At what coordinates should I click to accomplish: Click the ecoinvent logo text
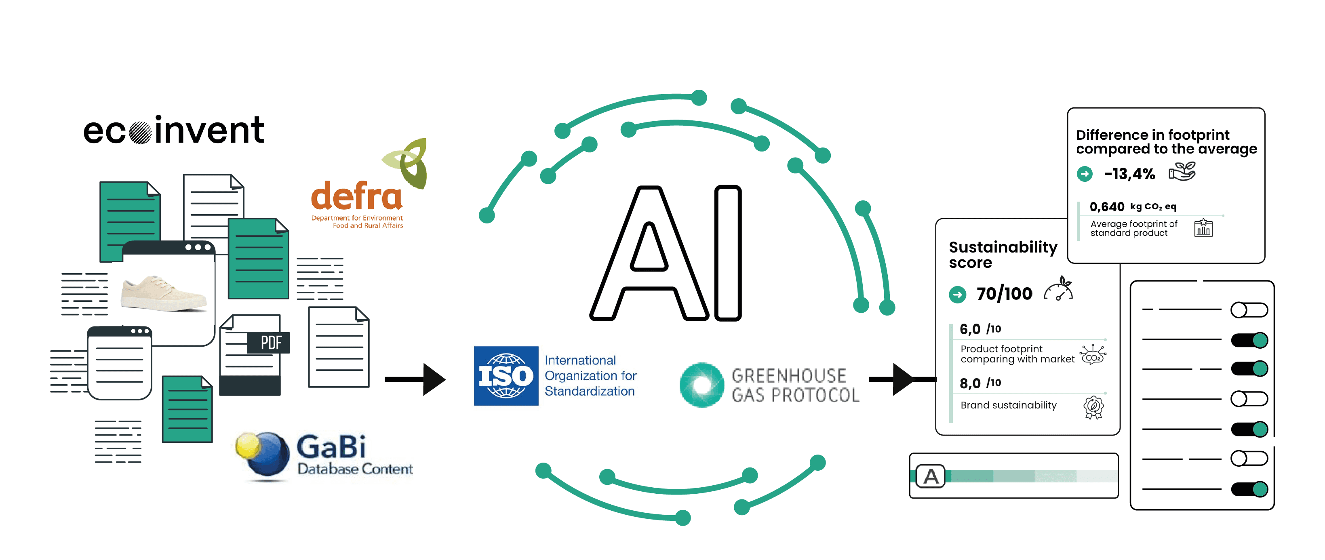[174, 130]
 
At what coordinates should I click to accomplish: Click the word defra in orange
[356, 196]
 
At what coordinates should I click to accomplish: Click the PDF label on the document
[270, 343]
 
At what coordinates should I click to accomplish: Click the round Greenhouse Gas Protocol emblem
[701, 385]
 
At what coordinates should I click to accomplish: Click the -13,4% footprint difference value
[1129, 174]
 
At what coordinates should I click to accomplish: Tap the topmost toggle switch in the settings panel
[1249, 309]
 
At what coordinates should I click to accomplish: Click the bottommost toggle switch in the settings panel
[1249, 488]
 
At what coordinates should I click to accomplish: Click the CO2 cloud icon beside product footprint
[1093, 355]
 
